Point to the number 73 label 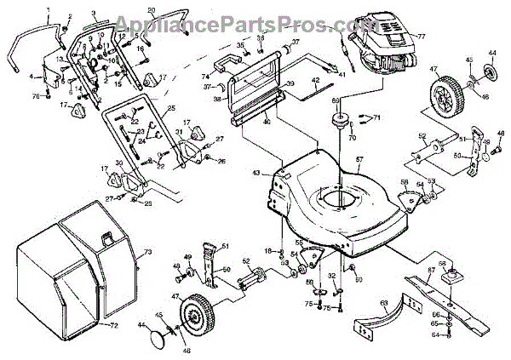[x=146, y=252]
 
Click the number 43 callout [x=255, y=174]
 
